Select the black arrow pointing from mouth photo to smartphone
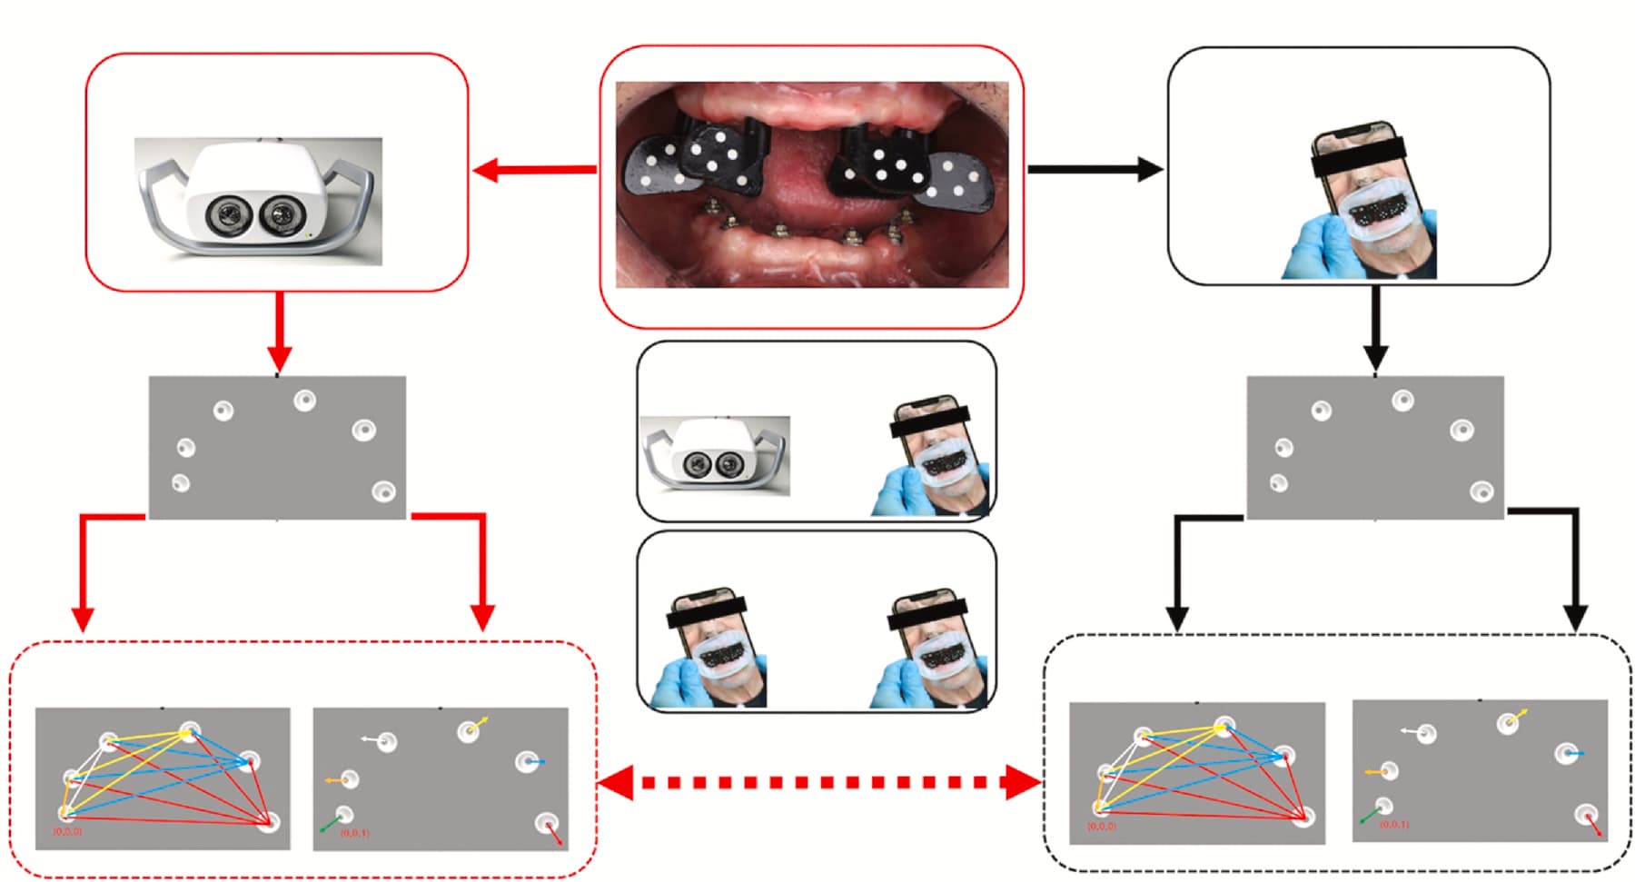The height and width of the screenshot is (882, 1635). [1094, 169]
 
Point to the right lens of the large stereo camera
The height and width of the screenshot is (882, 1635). [279, 215]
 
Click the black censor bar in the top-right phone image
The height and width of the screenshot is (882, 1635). [1358, 157]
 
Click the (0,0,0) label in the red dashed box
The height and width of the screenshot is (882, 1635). [67, 831]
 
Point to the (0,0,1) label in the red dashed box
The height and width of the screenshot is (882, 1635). [354, 832]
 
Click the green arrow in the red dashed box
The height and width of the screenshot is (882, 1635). [330, 824]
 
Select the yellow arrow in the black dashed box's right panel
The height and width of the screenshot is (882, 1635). [1518, 717]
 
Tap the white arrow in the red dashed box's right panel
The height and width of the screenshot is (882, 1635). [371, 739]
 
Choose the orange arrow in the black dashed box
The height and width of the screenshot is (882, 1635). [1375, 772]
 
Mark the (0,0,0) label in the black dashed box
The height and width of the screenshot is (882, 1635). [1101, 827]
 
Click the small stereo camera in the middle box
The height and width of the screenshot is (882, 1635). [715, 455]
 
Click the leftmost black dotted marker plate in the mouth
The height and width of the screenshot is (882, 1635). [650, 164]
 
